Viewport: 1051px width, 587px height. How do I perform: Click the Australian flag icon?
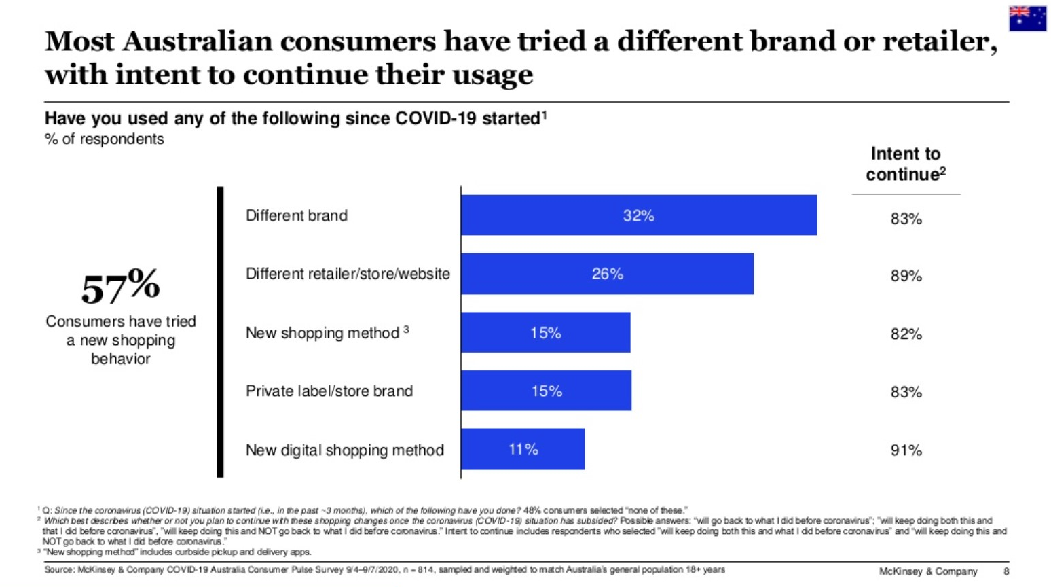1027,18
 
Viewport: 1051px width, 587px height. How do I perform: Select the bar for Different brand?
638,215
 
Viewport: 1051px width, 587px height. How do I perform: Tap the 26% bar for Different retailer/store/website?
607,274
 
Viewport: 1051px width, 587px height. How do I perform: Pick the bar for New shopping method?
545,333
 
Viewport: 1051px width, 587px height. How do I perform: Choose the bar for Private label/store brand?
546,391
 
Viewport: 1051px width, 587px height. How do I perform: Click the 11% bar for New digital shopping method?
523,449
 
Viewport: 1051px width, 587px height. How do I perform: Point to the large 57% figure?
120,287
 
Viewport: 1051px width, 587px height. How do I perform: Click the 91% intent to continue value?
906,450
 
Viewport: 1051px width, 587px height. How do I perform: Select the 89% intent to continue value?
906,276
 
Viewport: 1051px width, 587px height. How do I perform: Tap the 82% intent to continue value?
906,334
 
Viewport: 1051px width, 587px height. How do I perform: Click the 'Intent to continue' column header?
905,164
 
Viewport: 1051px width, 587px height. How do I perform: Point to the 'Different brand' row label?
297,216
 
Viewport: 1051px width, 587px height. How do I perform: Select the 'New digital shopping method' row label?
345,450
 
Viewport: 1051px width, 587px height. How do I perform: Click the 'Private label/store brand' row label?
329,391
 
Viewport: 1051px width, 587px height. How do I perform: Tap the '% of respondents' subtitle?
105,139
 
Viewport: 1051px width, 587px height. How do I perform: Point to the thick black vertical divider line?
220,332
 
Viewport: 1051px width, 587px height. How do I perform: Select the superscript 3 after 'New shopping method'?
406,329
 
